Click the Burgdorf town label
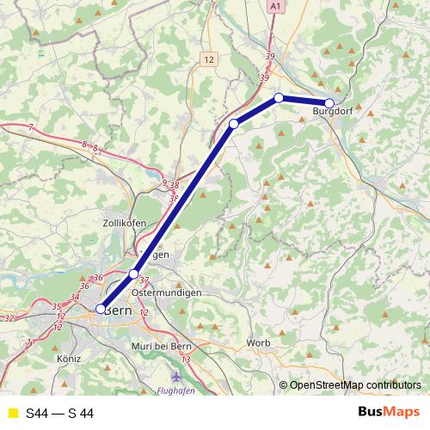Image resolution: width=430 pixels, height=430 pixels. click(x=333, y=112)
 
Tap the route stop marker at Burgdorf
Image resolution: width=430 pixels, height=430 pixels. click(x=329, y=103)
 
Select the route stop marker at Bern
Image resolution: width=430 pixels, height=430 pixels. click(x=101, y=309)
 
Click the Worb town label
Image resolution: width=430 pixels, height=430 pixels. click(x=258, y=343)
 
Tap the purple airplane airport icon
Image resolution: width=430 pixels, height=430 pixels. click(x=177, y=376)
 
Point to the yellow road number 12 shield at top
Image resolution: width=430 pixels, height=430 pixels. click(x=210, y=58)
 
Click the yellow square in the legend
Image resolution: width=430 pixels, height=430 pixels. click(x=11, y=414)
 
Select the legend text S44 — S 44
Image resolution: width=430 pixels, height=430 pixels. click(x=59, y=414)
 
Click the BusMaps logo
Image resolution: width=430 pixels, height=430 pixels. click(x=393, y=413)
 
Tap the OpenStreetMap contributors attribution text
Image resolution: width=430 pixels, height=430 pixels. click(x=355, y=384)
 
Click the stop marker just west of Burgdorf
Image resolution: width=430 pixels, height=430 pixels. click(x=279, y=98)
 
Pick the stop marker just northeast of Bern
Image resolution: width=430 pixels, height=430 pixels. click(x=133, y=274)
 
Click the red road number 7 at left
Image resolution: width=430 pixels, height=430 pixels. click(x=30, y=127)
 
